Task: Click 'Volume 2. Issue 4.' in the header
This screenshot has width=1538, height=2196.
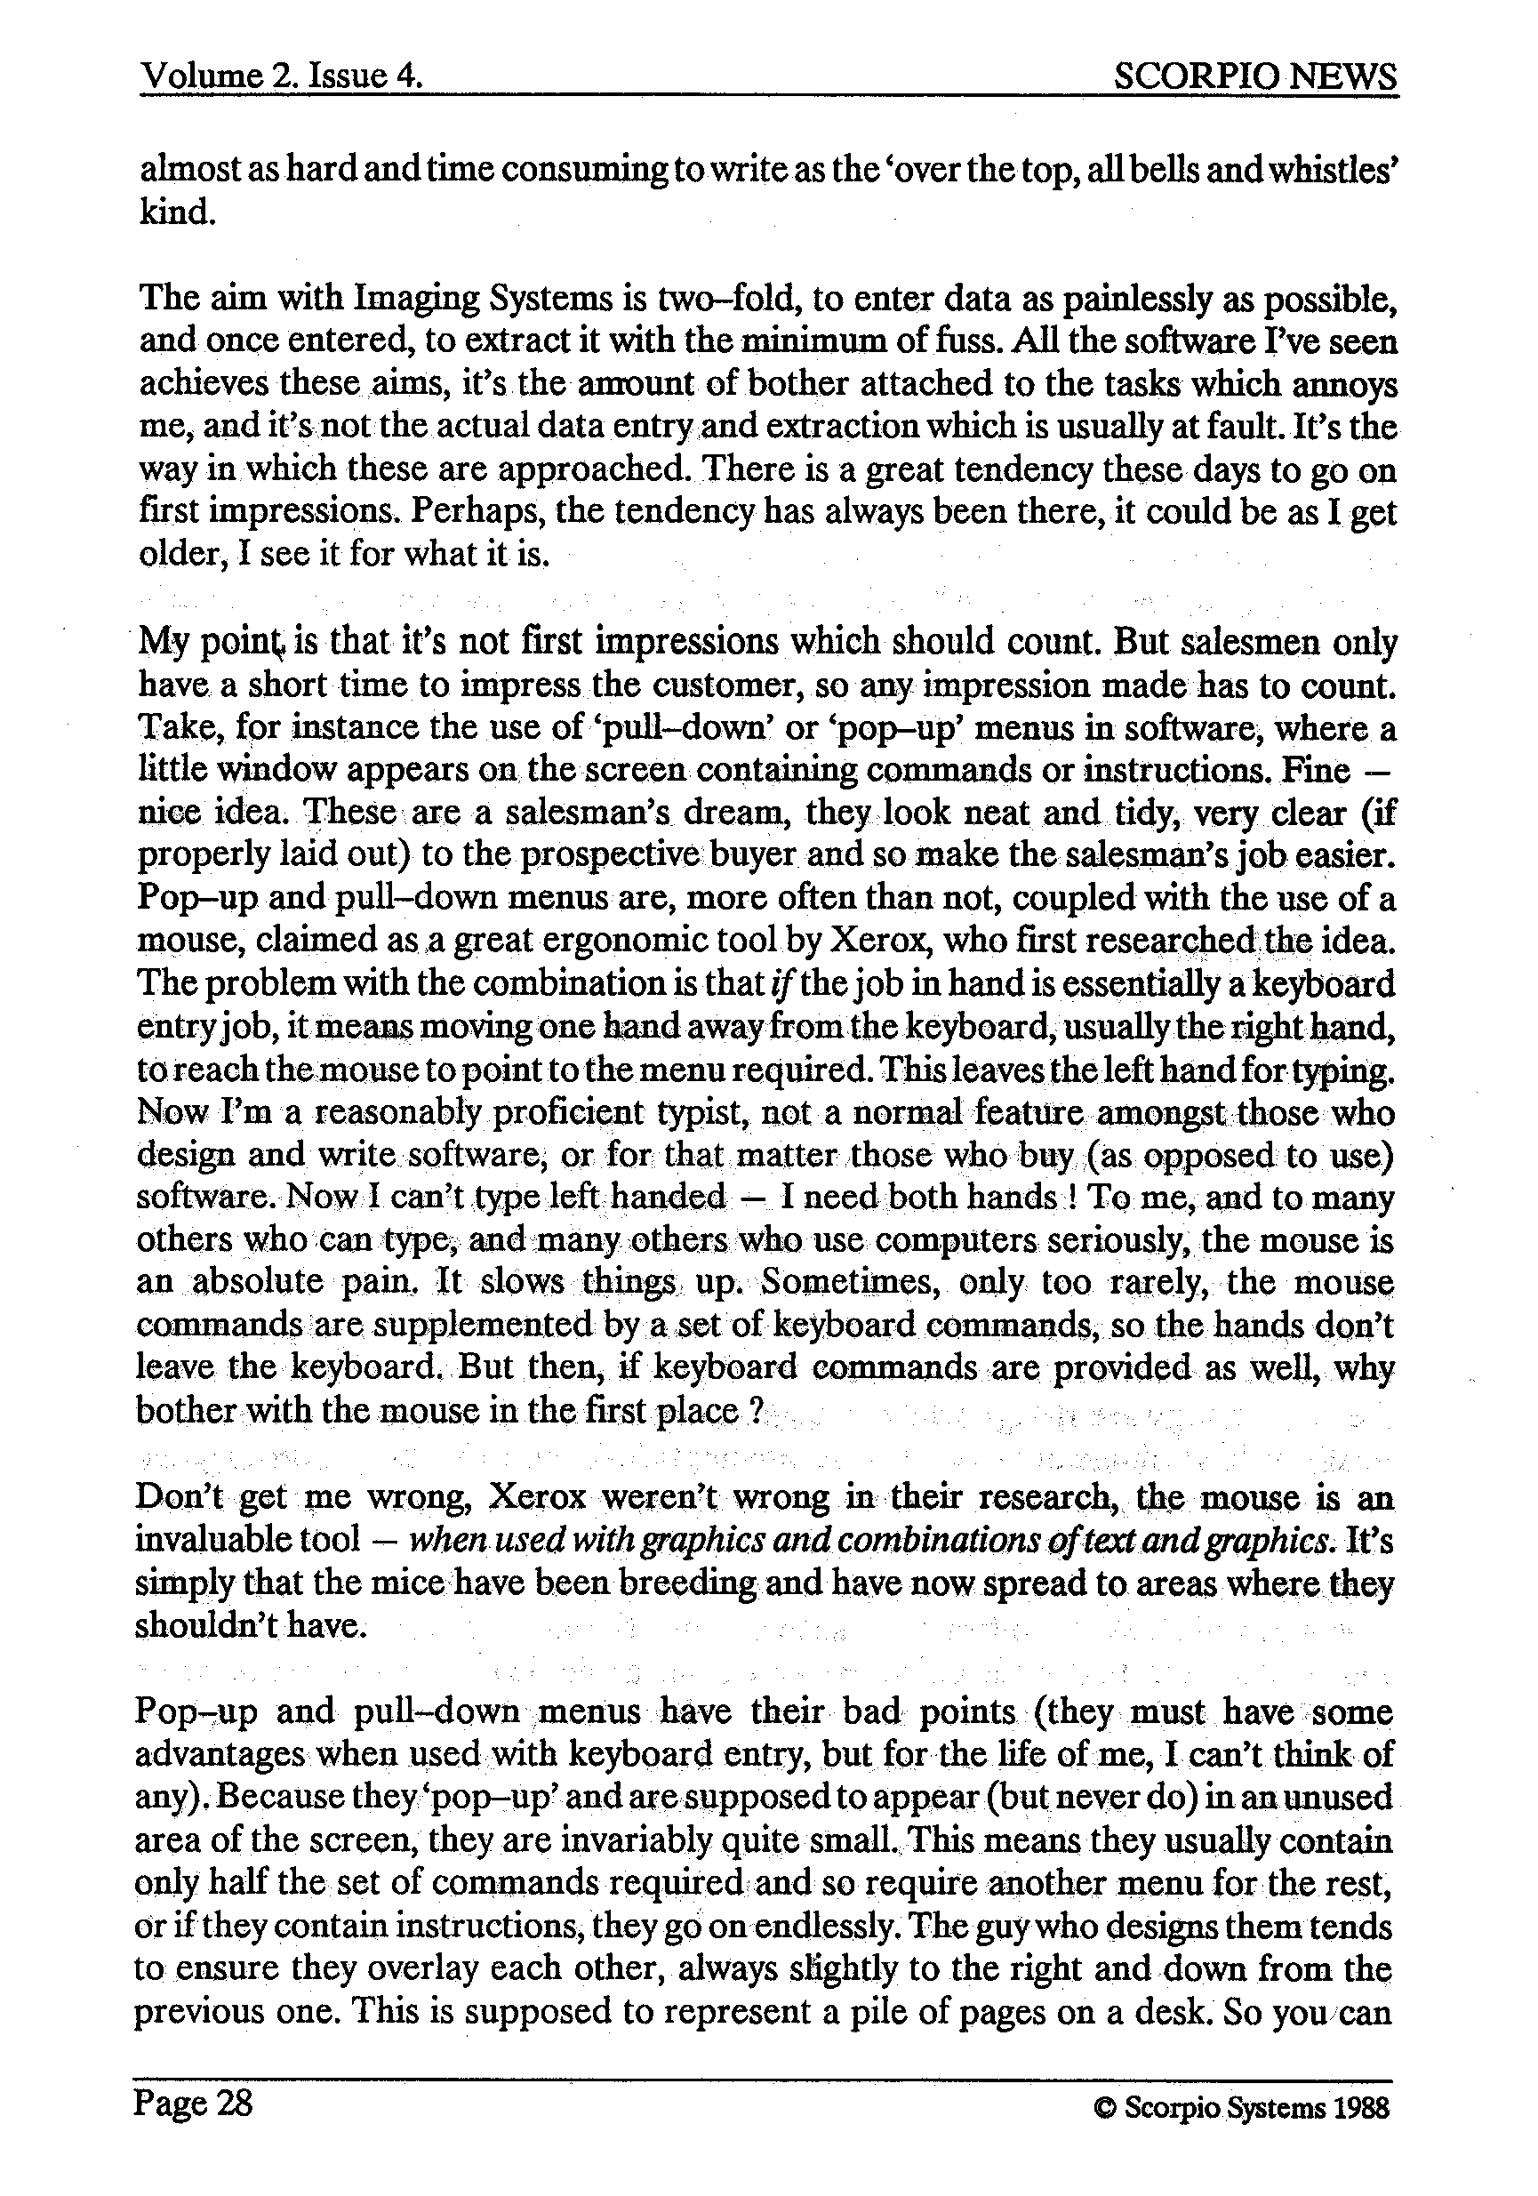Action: (282, 76)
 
